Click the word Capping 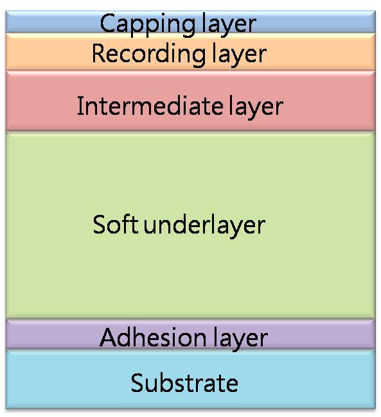[147, 25]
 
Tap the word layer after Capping [229, 25]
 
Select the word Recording [148, 55]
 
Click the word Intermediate [150, 106]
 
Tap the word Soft [116, 225]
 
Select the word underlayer [204, 226]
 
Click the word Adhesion [153, 337]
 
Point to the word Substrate [184, 383]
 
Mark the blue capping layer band [190, 22]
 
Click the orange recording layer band [190, 52]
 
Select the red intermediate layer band [190, 101]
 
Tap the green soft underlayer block [190, 225]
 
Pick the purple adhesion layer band [190, 334]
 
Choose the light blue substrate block [190, 379]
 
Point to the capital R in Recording [100, 53]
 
